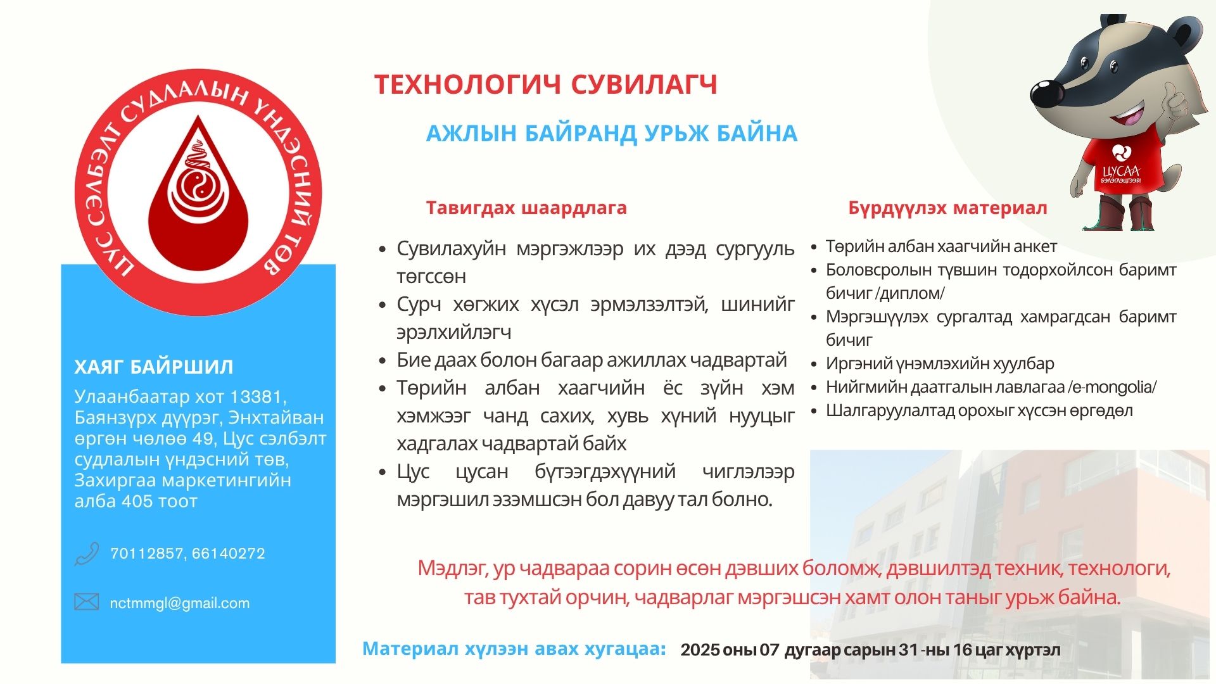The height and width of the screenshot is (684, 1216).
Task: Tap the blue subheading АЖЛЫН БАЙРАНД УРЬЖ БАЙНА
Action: (x=611, y=134)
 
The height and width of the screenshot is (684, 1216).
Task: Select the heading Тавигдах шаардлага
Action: (x=526, y=208)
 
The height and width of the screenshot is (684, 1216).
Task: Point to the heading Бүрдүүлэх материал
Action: (x=947, y=208)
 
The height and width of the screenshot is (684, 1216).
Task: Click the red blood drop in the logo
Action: (x=198, y=203)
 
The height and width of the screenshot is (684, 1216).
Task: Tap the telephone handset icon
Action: (x=87, y=554)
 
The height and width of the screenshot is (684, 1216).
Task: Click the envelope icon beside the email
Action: (x=87, y=602)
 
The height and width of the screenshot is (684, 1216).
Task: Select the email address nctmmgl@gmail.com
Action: (x=180, y=603)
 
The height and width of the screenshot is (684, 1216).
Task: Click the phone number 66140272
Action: (x=228, y=554)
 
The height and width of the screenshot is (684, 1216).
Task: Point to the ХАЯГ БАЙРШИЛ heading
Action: (x=154, y=367)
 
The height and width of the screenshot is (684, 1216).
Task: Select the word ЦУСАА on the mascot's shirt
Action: (x=1121, y=172)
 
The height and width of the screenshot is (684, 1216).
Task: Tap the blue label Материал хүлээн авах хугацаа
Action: (x=514, y=649)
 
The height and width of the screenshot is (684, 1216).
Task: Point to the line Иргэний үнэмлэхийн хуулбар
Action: (x=940, y=364)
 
